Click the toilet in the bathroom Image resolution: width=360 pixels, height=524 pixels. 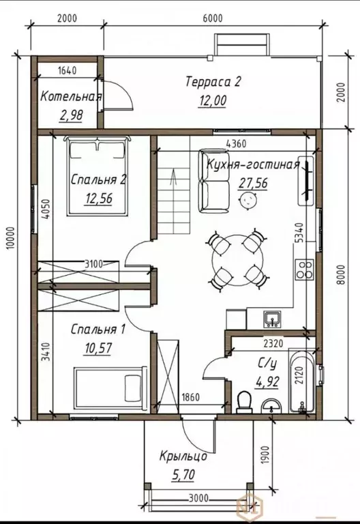click(x=245, y=402)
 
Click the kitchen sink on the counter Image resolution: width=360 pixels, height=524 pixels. click(x=272, y=319)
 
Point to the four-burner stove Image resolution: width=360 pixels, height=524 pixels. click(x=304, y=270)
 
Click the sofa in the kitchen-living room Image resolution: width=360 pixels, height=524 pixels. click(x=213, y=181)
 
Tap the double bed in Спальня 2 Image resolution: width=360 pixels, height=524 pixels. click(x=98, y=175)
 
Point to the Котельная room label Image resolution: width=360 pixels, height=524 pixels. click(x=71, y=97)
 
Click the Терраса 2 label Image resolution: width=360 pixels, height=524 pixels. click(x=213, y=81)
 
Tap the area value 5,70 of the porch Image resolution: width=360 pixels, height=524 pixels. click(x=183, y=474)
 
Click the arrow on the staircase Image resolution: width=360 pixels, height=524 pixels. click(x=173, y=177)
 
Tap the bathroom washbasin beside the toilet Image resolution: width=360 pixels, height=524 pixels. click(x=271, y=407)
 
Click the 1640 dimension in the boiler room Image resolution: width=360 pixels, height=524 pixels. click(x=67, y=70)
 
